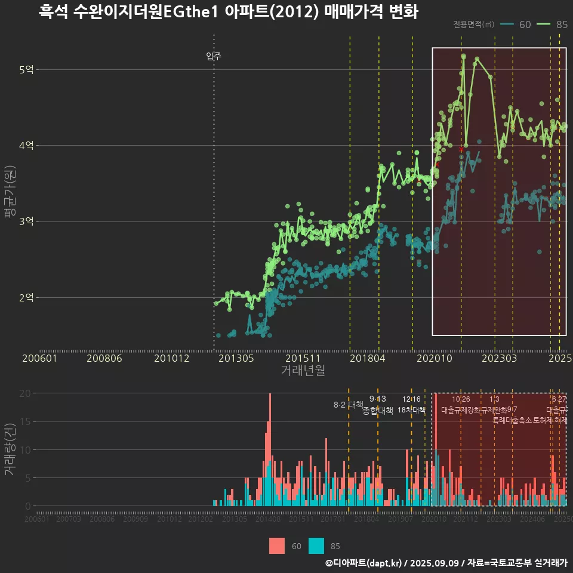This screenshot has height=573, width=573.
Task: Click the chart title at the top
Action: [x=228, y=12]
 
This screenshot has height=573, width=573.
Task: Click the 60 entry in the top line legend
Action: [x=525, y=24]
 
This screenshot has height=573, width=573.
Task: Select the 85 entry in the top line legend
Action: [x=561, y=24]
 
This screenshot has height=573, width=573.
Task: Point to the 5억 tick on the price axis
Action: [x=26, y=70]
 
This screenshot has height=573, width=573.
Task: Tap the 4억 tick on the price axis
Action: [x=26, y=146]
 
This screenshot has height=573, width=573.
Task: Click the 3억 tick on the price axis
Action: [x=26, y=221]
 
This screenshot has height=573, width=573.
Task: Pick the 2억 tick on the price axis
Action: [x=26, y=297]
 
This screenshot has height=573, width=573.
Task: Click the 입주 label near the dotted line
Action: [x=214, y=56]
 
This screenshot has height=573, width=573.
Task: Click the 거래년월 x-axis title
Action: [x=303, y=370]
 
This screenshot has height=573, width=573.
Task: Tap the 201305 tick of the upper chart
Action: [x=237, y=358]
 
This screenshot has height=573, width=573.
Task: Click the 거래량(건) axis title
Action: [x=10, y=449]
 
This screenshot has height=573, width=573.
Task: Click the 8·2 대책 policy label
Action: [x=348, y=405]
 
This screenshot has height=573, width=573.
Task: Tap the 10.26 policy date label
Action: [x=461, y=399]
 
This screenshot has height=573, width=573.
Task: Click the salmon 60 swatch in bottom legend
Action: [x=277, y=546]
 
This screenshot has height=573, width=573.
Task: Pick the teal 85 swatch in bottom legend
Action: [x=316, y=546]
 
